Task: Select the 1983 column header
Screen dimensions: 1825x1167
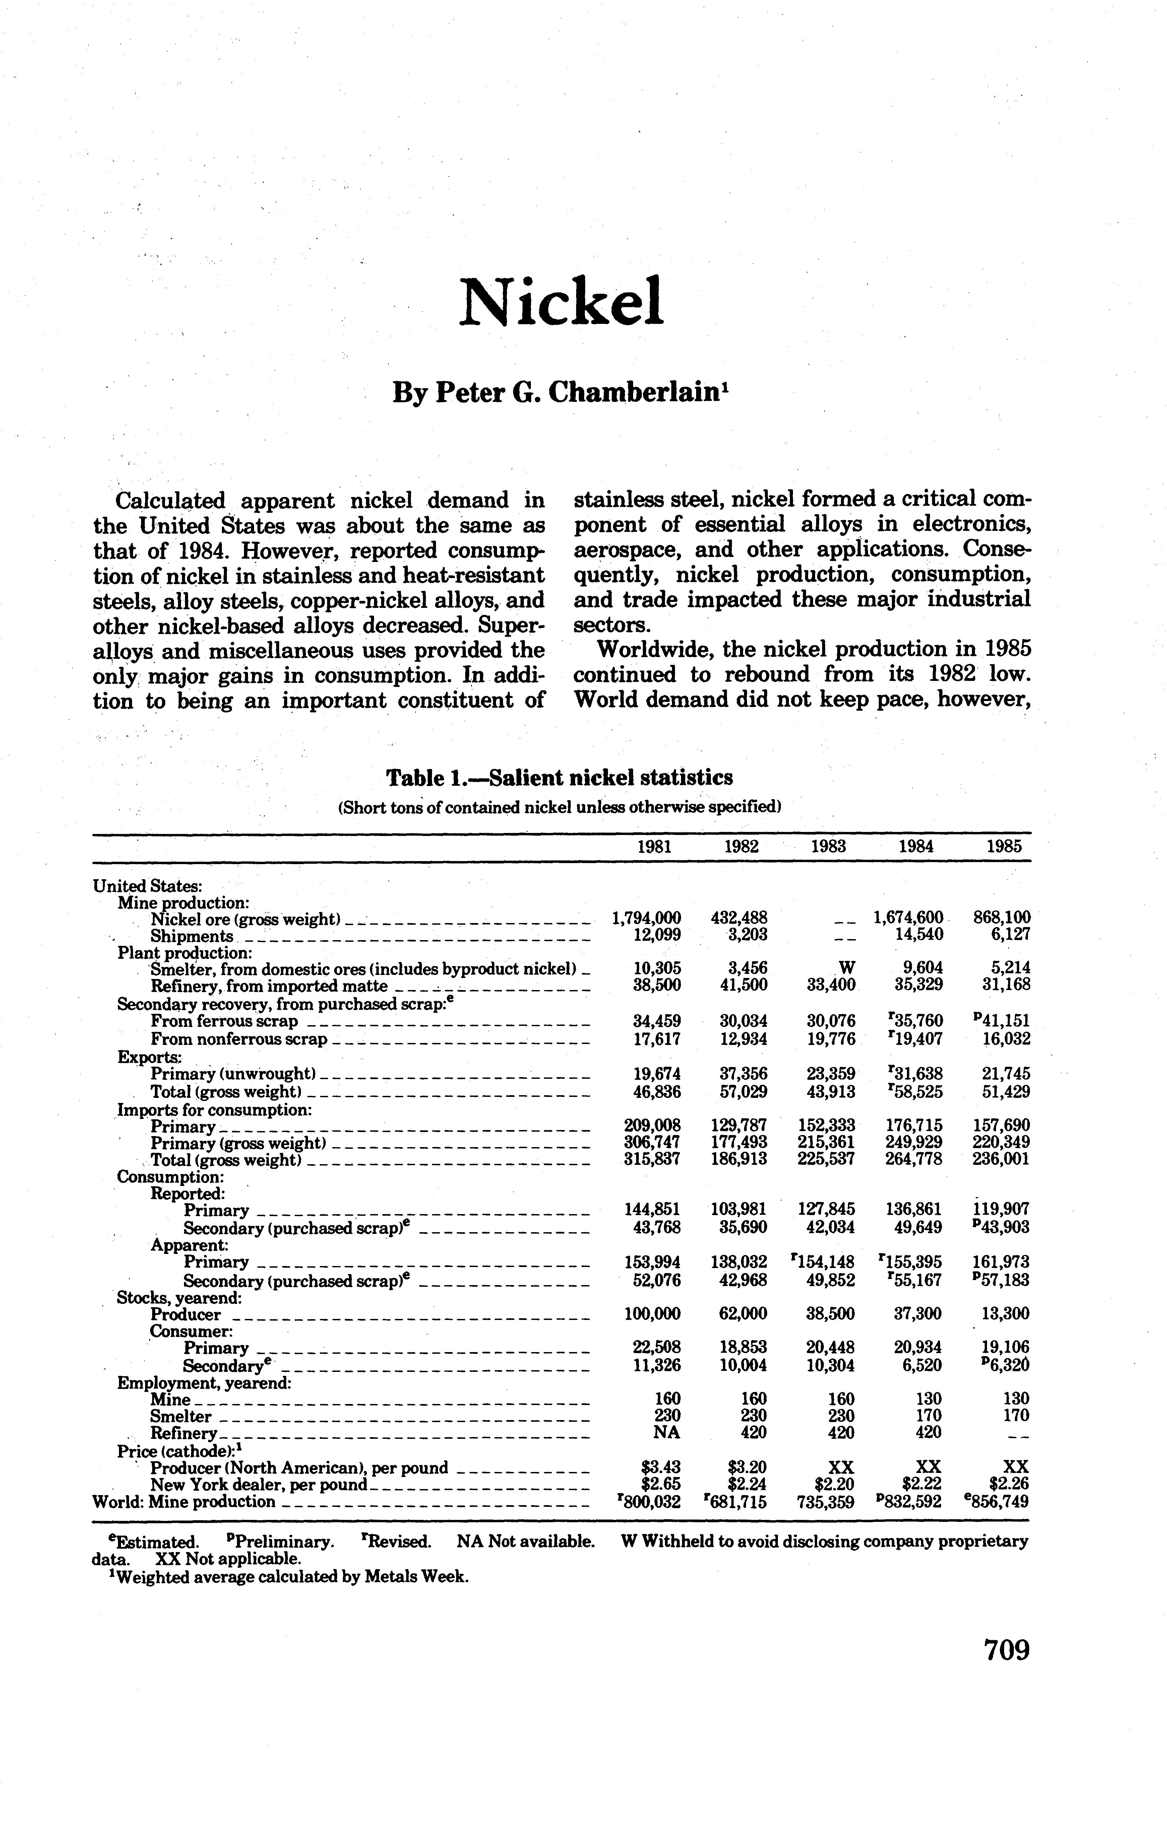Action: [x=828, y=847]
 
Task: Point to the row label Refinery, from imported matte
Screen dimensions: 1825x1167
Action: [x=269, y=986]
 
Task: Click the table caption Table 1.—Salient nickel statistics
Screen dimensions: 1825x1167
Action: [x=560, y=778]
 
